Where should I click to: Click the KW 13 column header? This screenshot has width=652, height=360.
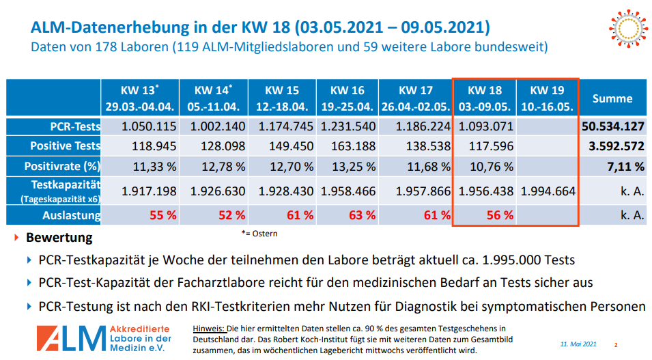click(140, 98)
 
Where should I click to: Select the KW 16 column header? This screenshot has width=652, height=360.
click(347, 98)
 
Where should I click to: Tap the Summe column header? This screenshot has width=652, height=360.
click(612, 98)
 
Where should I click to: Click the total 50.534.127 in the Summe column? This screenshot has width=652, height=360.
click(613, 126)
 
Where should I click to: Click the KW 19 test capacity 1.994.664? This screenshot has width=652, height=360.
click(548, 191)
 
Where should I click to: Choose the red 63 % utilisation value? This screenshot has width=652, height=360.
click(362, 215)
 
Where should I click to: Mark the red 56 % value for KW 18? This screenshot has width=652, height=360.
click(500, 215)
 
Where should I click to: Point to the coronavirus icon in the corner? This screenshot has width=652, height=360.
click(625, 28)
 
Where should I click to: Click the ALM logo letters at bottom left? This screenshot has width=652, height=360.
click(69, 337)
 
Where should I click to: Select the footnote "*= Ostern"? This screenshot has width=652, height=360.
click(259, 234)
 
